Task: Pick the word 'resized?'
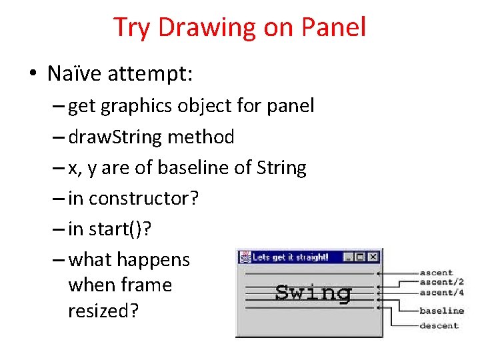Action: click(103, 311)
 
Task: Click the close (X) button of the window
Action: click(373, 257)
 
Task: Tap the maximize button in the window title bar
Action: click(361, 257)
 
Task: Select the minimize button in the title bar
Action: click(349, 257)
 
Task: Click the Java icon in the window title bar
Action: click(244, 257)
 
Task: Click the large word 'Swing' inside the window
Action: click(313, 293)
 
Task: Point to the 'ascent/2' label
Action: click(441, 282)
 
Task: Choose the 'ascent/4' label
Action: click(441, 292)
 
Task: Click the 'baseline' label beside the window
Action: click(441, 311)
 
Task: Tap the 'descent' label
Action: click(439, 326)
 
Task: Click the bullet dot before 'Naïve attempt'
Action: click(33, 74)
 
